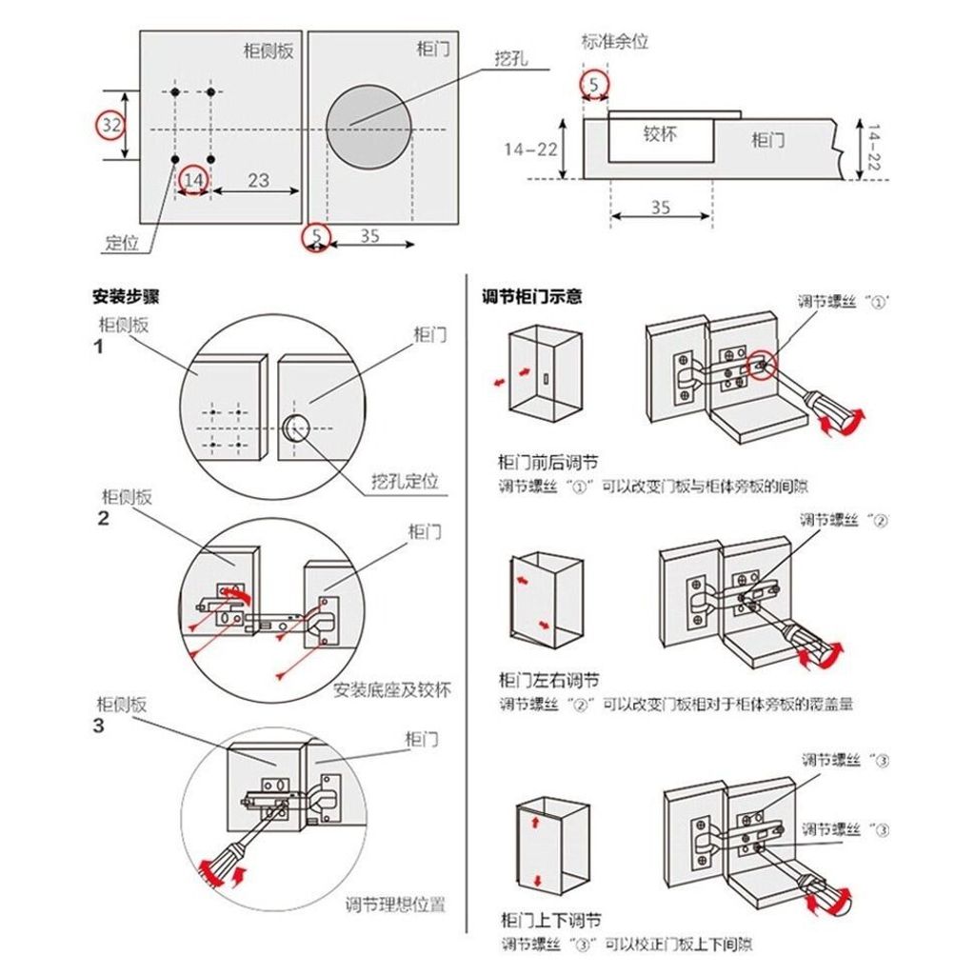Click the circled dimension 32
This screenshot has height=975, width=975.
(111, 125)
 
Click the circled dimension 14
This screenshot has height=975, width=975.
(193, 179)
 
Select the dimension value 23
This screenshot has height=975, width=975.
(258, 179)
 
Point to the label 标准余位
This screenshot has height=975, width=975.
(615, 42)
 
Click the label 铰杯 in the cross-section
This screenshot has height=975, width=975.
(659, 133)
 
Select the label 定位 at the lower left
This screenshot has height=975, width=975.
(121, 243)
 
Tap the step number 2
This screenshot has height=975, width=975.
(103, 519)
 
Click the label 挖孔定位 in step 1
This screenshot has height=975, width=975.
(406, 481)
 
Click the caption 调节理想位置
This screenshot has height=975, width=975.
(395, 905)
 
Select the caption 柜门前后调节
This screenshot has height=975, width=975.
(548, 464)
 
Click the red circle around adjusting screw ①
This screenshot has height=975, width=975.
(763, 363)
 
